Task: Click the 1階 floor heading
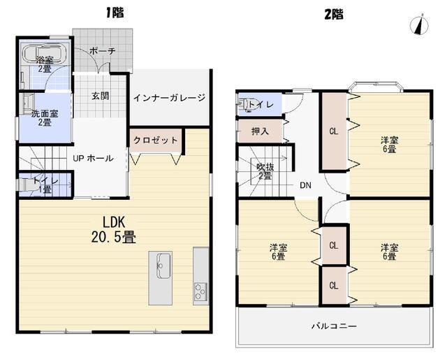[115, 13]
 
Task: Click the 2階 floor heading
[334, 14]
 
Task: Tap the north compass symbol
[419, 25]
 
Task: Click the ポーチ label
[103, 51]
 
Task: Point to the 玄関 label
[101, 96]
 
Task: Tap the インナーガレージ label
[170, 98]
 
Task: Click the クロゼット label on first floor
[156, 140]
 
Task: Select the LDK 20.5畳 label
[113, 230]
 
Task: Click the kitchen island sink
[163, 266]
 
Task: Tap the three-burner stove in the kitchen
[200, 291]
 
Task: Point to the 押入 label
[260, 131]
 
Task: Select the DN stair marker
[305, 185]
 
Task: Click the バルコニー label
[334, 326]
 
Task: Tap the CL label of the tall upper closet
[334, 131]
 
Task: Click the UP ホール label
[93, 158]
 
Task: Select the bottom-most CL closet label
[334, 285]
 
